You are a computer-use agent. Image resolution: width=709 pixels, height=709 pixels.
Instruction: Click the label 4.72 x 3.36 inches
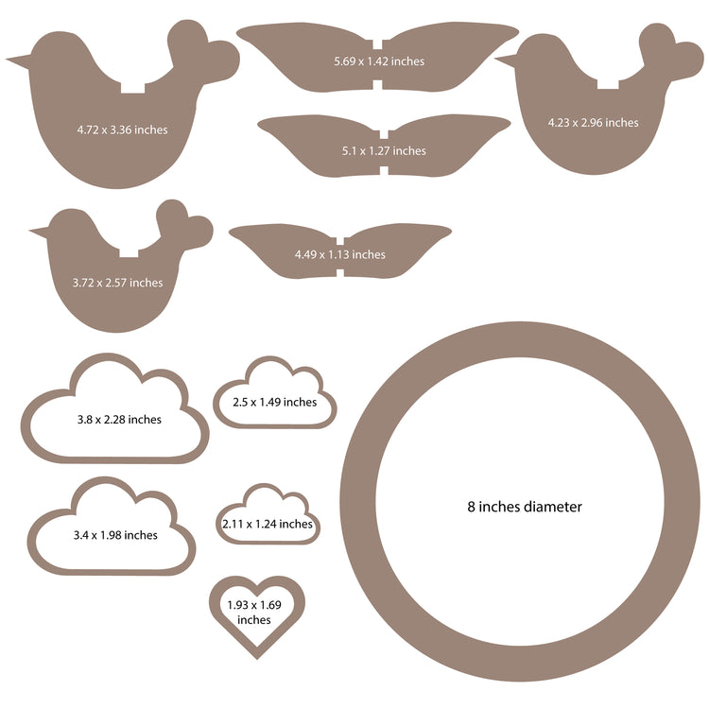point(122,130)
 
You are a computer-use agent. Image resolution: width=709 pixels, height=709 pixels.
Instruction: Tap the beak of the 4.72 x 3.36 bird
point(18,61)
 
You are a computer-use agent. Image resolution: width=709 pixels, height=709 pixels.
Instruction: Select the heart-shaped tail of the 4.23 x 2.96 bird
point(670,52)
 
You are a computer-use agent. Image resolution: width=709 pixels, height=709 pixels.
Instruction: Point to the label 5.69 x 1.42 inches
point(379,61)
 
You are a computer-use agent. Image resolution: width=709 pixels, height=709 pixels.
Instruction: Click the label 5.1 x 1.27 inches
point(384,150)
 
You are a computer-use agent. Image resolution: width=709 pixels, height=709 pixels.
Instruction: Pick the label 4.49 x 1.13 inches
point(340,254)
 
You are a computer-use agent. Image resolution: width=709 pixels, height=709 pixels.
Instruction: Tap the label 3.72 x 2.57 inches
point(117,283)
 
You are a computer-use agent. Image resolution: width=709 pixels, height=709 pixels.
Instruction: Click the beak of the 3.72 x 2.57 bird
point(39,233)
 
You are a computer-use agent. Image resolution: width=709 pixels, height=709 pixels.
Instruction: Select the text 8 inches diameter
point(525,507)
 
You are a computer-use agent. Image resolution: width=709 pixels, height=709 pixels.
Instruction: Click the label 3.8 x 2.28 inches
point(119,419)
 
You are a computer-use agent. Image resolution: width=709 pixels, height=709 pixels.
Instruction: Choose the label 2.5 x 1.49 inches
point(274,402)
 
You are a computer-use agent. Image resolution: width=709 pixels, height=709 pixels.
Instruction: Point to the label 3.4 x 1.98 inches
point(115,535)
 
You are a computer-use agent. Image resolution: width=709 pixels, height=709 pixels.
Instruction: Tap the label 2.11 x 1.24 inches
point(268,524)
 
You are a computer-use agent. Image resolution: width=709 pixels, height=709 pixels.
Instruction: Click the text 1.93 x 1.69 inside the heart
point(254,605)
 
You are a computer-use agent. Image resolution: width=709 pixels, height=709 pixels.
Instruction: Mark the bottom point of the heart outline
point(257,658)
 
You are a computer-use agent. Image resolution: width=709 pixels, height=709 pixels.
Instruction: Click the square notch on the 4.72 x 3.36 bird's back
point(132,88)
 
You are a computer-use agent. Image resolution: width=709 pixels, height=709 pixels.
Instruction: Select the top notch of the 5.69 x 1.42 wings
point(377,43)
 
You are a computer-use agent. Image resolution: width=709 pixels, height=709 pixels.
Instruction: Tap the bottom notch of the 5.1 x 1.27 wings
point(384,171)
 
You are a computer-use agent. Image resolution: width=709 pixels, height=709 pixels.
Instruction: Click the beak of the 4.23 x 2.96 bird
point(506,61)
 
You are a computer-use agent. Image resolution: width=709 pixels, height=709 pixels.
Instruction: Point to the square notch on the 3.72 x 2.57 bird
point(129,252)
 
